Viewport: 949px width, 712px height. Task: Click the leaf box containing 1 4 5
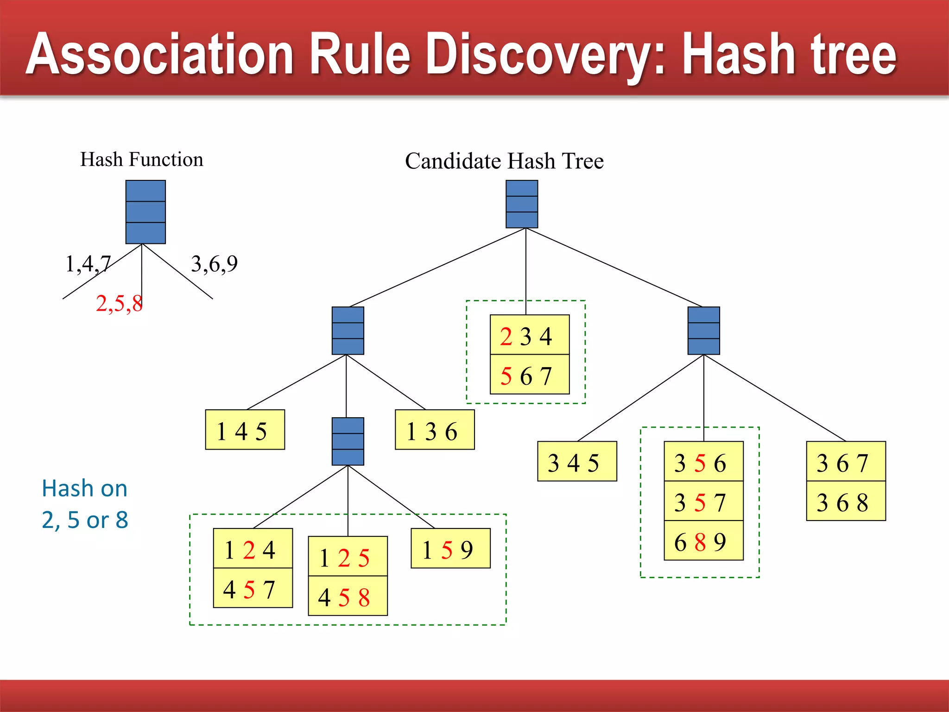245,430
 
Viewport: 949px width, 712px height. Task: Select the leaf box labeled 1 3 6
434,430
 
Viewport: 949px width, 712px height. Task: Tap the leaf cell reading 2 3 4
529,335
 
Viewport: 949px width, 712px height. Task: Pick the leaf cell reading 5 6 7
529,375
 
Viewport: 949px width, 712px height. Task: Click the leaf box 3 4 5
576,461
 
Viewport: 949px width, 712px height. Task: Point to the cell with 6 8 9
703,540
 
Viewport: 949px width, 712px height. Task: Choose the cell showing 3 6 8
846,501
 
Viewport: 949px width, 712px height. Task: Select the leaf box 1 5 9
450,548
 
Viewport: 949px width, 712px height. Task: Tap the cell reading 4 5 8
348,596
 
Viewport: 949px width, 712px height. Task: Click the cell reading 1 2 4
253,548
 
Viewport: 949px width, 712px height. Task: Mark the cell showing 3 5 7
703,501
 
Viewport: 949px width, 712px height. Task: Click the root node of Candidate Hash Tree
522,204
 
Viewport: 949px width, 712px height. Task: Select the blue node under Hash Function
146,212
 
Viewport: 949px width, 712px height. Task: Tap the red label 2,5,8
119,304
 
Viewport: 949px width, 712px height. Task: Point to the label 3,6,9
214,264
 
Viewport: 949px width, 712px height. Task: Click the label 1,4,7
88,264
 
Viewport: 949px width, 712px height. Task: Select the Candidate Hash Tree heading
504,161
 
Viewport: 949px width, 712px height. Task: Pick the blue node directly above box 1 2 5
348,441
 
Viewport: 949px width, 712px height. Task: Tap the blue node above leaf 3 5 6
703,331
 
